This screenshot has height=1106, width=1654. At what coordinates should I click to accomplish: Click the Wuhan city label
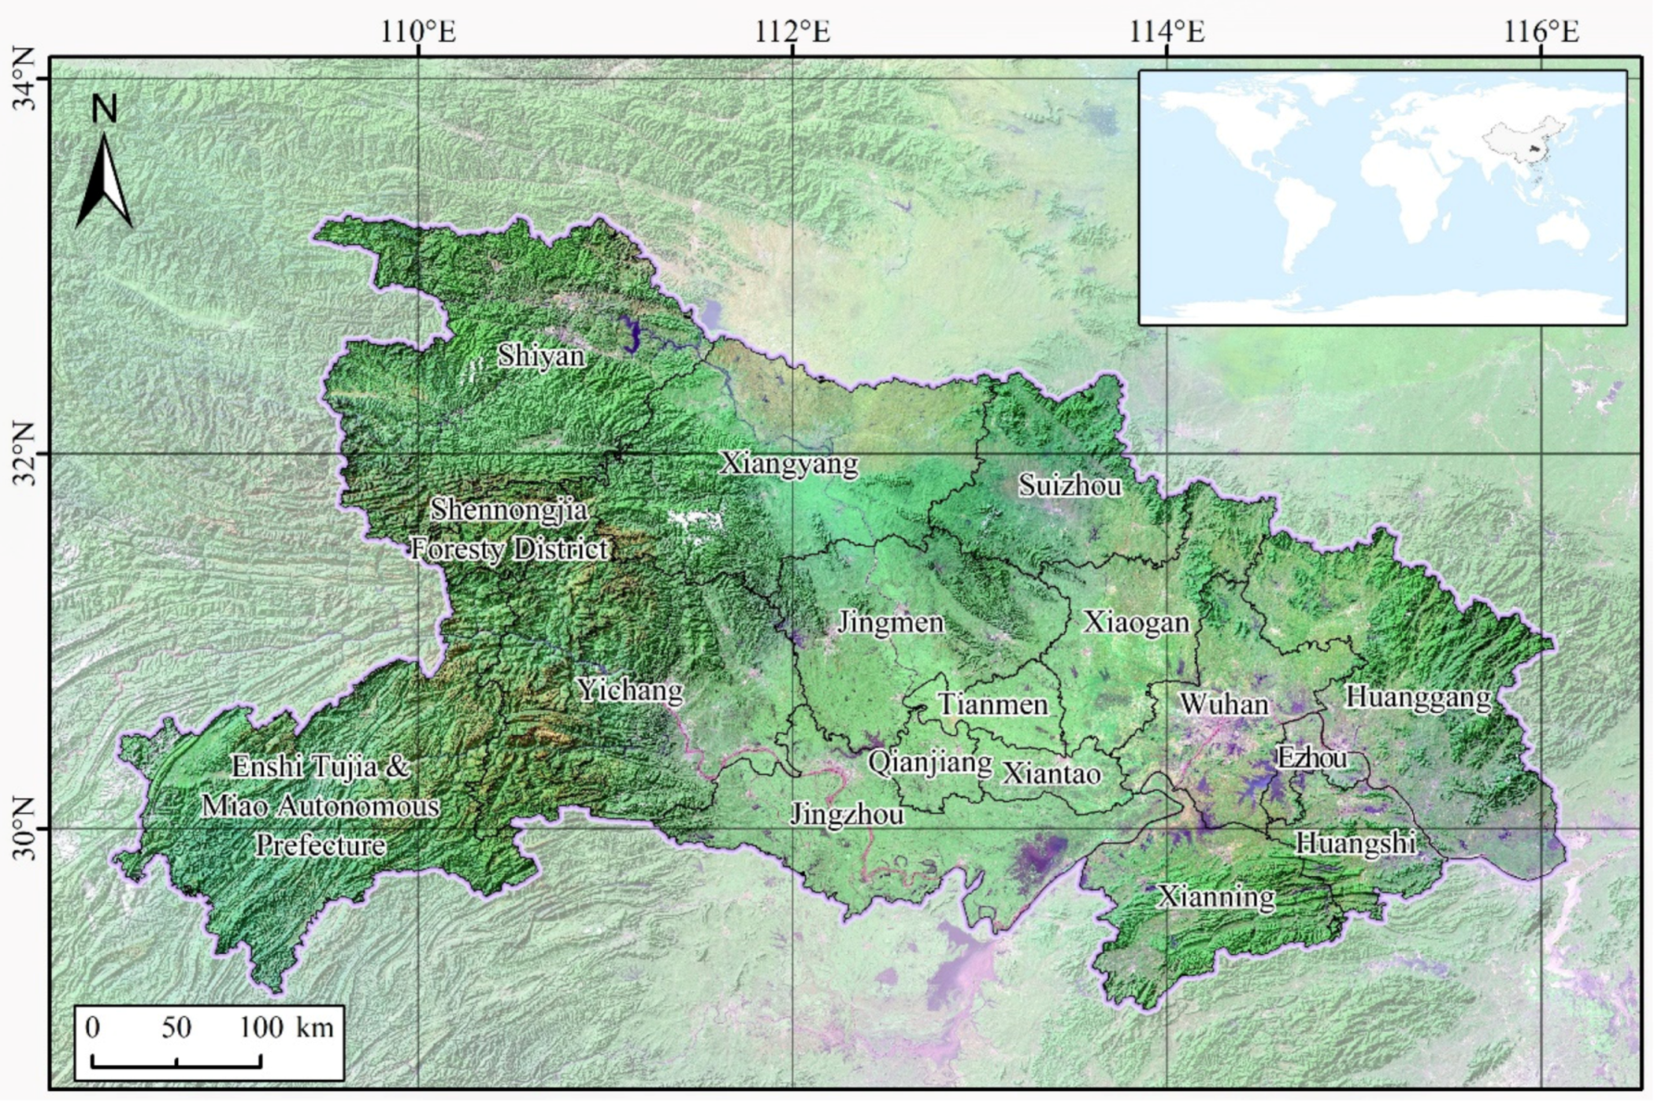coord(1223,704)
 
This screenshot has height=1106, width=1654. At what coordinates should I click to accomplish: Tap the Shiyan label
coord(541,356)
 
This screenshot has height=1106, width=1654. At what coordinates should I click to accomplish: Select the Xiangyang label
coord(789,464)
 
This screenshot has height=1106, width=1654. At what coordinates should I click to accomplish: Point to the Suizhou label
coord(1069,485)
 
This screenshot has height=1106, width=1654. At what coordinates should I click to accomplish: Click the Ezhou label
coord(1311,758)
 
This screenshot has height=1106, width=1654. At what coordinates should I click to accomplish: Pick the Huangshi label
coord(1355,843)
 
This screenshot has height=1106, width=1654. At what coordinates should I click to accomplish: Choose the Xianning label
coord(1216,896)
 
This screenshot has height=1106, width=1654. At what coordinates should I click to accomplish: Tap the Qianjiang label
coord(929,762)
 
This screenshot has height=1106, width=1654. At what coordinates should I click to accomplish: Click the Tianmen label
coord(992,705)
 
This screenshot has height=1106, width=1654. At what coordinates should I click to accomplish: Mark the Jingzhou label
coord(847,815)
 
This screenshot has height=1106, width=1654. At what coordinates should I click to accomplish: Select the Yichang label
coord(629,690)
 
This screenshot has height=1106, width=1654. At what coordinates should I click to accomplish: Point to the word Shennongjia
coord(509,509)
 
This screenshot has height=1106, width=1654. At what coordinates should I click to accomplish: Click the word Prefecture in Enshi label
coord(320,845)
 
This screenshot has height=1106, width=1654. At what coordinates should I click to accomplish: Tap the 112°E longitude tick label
coord(792,32)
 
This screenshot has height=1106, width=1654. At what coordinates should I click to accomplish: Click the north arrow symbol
coord(104,183)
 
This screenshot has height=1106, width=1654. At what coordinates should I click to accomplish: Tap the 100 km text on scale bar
coord(285,1027)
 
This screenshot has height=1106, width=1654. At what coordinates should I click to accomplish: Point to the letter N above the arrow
coord(104,110)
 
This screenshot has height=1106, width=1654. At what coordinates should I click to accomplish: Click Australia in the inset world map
coord(1563,231)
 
